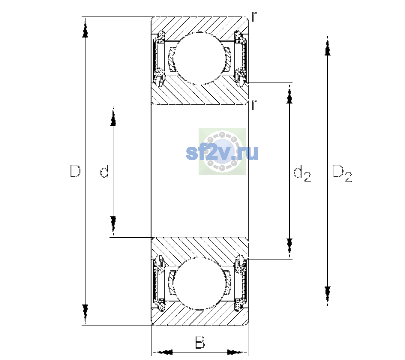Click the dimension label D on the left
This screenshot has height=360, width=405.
pyautogui.click(x=75, y=171)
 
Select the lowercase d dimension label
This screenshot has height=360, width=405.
pyautogui.click(x=104, y=171)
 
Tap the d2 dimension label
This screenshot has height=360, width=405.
pyautogui.click(x=302, y=173)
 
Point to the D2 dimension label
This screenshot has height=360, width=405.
pyautogui.click(x=342, y=173)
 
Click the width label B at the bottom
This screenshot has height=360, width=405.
pyautogui.click(x=199, y=342)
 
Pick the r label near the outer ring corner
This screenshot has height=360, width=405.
pyautogui.click(x=254, y=17)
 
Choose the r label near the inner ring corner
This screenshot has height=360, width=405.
pyautogui.click(x=254, y=105)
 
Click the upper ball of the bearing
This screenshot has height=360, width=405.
pyautogui.click(x=199, y=58)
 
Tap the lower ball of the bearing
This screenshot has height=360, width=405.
pyautogui.click(x=199, y=284)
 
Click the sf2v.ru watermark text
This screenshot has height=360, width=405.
pyautogui.click(x=222, y=153)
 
